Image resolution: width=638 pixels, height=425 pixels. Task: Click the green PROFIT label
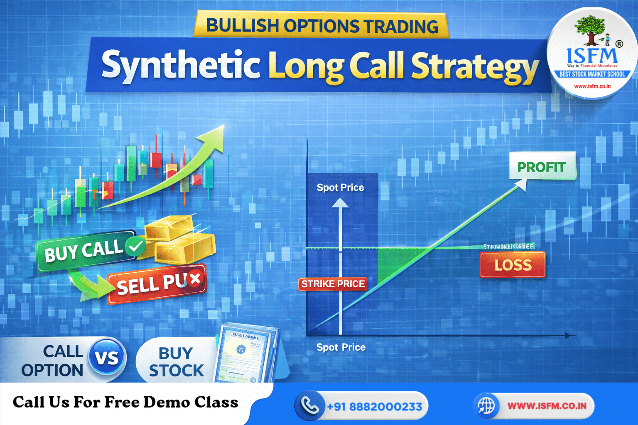tap(542, 167)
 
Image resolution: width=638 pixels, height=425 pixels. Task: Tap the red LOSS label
tap(513, 265)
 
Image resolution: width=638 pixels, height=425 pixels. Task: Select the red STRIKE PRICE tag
tap(333, 284)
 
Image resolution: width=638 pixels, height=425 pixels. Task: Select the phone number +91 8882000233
tap(374, 406)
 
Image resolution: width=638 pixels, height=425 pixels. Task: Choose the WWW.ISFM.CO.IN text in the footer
tap(547, 405)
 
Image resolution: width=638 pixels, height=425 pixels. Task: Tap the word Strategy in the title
tap(474, 66)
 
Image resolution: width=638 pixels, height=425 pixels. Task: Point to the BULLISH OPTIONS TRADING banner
tap(322, 26)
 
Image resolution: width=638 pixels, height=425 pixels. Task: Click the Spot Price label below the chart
tap(341, 347)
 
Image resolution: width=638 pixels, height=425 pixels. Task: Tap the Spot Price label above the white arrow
tap(340, 188)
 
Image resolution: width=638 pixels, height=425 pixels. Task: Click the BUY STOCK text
tap(176, 361)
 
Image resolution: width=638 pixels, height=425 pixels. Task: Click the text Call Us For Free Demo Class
tap(125, 402)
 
